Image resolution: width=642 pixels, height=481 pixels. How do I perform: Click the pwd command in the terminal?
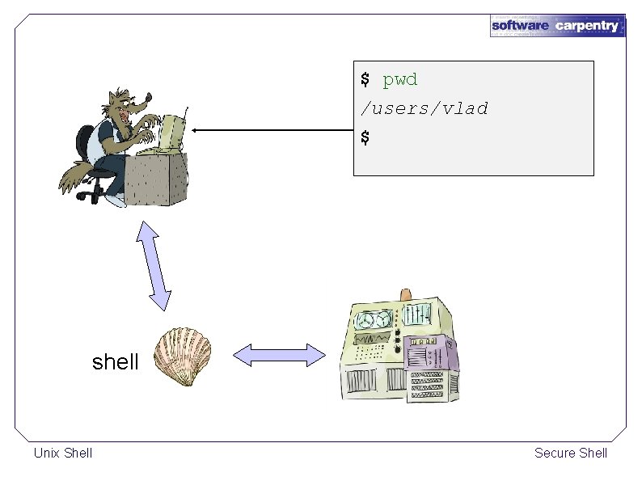pos(399,80)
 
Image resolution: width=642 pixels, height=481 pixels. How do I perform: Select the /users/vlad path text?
pos(424,108)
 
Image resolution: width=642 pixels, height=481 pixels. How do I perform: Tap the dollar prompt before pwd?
pos(365,80)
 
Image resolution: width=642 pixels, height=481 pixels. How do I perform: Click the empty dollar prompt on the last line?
pos(365,137)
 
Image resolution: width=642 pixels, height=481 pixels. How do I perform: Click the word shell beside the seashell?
pos(116,362)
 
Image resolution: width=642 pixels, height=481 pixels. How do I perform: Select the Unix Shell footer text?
pos(63,453)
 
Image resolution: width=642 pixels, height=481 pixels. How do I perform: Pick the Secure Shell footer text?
pos(570,453)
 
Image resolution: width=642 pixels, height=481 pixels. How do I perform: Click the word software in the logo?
pos(520,26)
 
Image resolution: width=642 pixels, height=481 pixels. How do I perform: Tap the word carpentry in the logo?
pos(587,26)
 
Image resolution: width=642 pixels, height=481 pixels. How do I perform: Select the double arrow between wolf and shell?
pos(154,265)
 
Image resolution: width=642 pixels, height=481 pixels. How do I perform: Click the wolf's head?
pos(129,105)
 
